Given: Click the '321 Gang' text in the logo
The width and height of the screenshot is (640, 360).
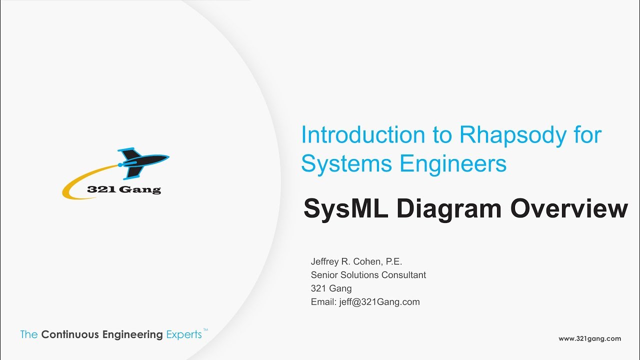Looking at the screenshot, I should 123,190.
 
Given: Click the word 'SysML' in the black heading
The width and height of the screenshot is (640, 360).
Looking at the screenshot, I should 345,208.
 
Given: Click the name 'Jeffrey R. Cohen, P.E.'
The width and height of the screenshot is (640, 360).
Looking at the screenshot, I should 356,261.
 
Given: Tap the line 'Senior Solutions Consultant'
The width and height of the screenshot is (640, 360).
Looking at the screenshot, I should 368,275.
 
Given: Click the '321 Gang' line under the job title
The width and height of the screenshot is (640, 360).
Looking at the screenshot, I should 331,288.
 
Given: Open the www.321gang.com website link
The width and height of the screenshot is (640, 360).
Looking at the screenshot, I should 589,338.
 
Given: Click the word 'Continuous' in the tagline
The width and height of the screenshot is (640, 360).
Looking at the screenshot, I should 70,334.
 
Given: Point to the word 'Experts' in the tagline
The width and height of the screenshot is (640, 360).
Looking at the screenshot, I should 183,334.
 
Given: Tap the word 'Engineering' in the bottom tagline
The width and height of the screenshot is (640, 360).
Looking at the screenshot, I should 132,334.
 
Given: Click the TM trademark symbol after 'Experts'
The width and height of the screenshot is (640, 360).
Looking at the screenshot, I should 205,330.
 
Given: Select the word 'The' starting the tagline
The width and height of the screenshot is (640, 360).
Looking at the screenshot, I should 29,334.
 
